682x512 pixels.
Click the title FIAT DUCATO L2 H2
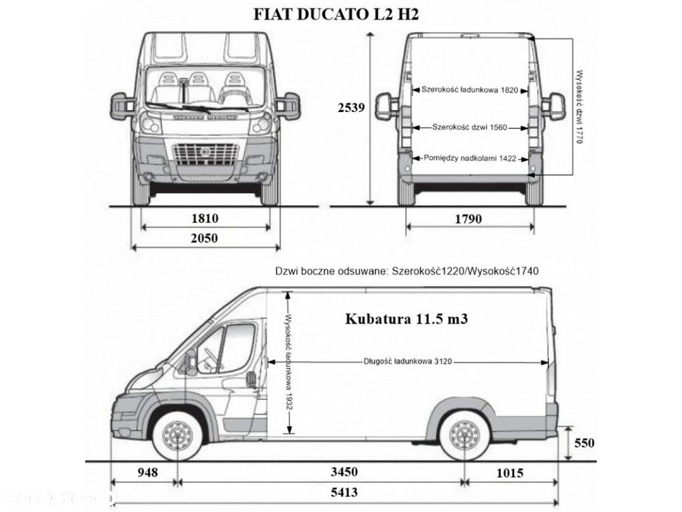click(x=341, y=14)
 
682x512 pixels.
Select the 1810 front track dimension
click(x=204, y=218)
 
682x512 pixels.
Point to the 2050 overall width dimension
click(x=204, y=238)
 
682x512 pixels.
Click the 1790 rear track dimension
click(x=469, y=218)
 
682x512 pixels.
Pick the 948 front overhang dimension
click(x=147, y=472)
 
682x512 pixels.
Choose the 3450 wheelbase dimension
click(x=343, y=472)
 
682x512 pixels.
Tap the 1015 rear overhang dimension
click(x=509, y=472)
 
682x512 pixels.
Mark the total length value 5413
click(x=343, y=492)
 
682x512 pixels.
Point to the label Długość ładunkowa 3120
click(x=408, y=362)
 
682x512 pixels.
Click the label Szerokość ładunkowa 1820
click(x=471, y=89)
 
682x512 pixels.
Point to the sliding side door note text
click(x=407, y=271)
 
